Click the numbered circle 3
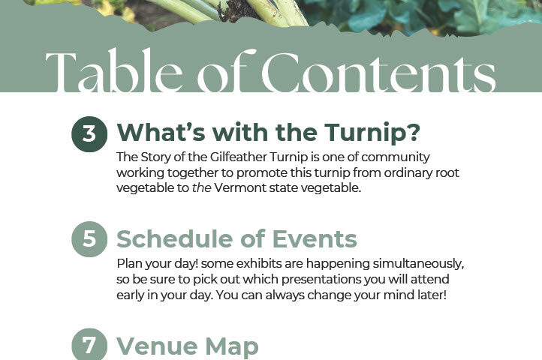point(89,134)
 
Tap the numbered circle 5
point(89,239)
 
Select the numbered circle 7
point(89,344)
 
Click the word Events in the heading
point(315,239)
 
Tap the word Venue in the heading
point(158,346)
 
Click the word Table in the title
point(113,70)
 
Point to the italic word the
point(201,188)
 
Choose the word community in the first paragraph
point(396,157)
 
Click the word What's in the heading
point(161,132)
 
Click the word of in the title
point(227,70)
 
